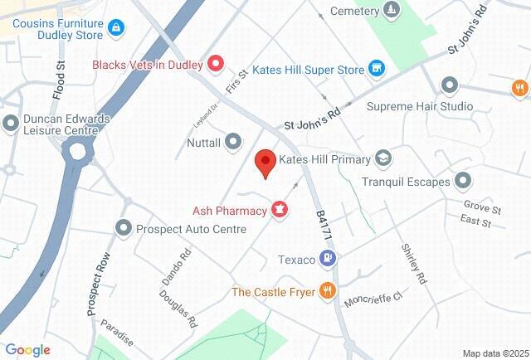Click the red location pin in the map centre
point(265,161)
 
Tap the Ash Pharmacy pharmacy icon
point(280,211)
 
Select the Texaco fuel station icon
point(329,260)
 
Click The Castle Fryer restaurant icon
point(328,291)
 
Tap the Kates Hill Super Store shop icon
point(376,67)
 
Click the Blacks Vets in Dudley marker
point(215,63)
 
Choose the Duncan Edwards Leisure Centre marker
point(11,124)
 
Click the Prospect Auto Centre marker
point(124,227)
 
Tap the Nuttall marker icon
point(233,143)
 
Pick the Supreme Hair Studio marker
point(450,85)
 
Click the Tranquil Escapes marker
point(463,181)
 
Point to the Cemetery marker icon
point(392,11)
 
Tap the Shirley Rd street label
point(412,265)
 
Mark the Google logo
point(27,350)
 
